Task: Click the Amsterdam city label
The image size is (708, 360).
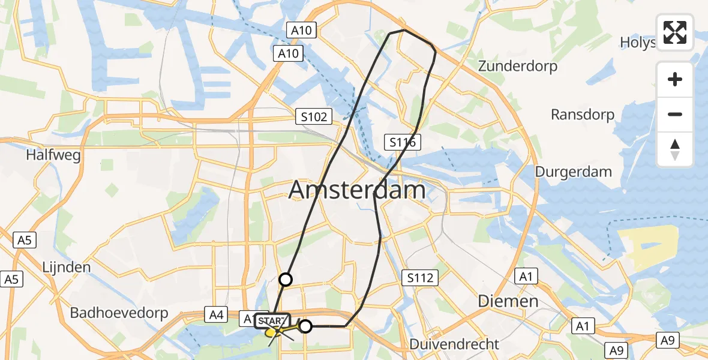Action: tap(357, 190)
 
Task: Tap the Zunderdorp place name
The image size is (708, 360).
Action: tap(518, 66)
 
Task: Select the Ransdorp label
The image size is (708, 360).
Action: tap(583, 115)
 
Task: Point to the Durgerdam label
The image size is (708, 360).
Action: tap(573, 172)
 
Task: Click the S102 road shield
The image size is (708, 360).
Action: tap(314, 116)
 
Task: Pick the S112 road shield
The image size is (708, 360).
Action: tap(420, 278)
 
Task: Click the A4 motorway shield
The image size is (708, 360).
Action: tap(216, 313)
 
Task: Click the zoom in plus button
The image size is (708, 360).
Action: tap(675, 79)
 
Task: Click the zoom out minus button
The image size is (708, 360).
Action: tap(675, 115)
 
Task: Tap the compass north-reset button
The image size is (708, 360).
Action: tap(675, 149)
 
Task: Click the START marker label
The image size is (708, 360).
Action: tap(273, 321)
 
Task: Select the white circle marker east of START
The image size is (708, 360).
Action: tap(305, 326)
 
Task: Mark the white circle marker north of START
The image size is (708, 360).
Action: tap(286, 279)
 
